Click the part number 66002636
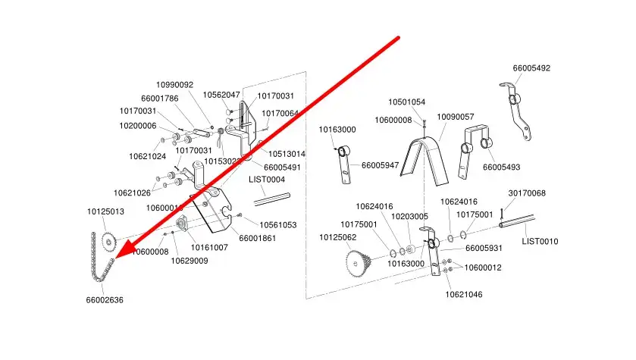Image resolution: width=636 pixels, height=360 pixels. [x=105, y=300]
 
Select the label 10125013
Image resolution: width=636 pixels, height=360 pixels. [x=105, y=211]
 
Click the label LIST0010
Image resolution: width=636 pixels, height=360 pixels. [x=540, y=241]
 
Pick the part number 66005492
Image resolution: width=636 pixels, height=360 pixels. [x=531, y=68]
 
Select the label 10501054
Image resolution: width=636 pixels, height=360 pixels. [x=407, y=102]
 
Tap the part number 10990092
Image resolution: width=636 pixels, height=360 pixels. [x=175, y=85]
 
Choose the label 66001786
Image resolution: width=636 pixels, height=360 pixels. [x=160, y=99]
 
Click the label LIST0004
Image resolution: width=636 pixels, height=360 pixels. [x=267, y=180]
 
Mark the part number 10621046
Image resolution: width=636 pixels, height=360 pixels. [x=463, y=293]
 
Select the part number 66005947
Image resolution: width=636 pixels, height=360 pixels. [x=380, y=164]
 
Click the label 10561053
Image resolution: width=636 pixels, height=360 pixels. [x=278, y=225]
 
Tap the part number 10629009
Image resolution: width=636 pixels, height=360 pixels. [x=189, y=260]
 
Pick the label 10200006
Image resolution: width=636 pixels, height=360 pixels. [x=138, y=126]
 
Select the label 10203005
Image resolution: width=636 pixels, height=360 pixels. [x=410, y=217]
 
